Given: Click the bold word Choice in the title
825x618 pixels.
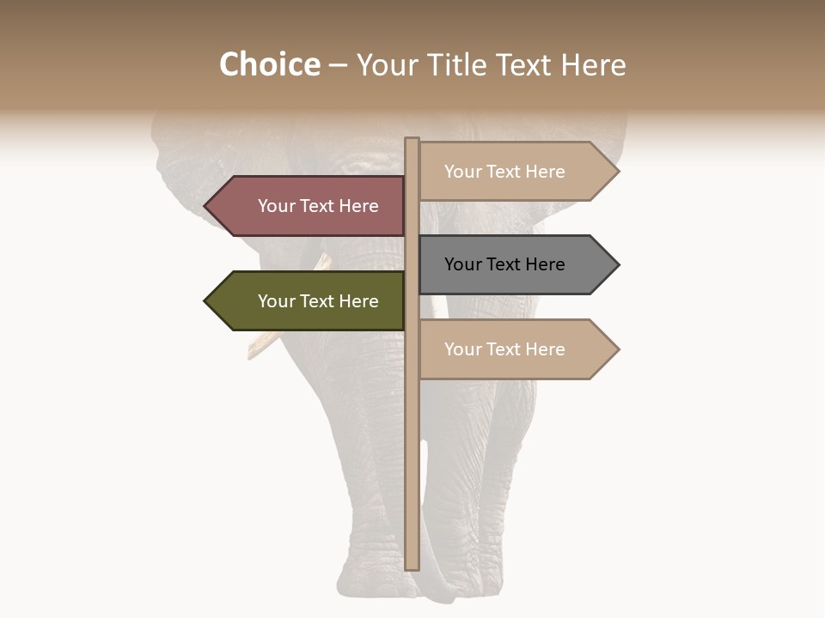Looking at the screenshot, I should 269,65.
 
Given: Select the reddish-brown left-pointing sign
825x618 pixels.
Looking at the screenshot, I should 309,206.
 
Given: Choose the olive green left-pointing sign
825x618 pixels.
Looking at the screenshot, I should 309,301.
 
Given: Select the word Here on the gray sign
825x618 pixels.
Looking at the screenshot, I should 545,264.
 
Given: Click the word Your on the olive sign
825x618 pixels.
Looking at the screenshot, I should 276,301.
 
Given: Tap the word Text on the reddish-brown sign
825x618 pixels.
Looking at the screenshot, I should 317,206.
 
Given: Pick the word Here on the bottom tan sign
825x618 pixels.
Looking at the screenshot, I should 545,349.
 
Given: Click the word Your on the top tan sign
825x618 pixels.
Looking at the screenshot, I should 462,172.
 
